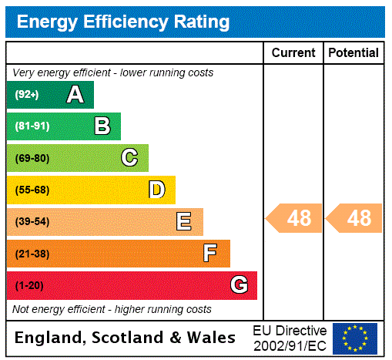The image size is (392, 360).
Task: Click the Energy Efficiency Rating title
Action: pos(123,22)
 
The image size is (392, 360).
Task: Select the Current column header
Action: pos(293,52)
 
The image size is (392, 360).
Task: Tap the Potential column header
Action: pos(353,52)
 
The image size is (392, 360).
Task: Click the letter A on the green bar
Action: pos(75,95)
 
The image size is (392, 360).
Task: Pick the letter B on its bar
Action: pos(102,126)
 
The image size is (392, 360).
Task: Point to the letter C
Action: pos(129,158)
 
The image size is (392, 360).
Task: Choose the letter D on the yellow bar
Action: pos(156,190)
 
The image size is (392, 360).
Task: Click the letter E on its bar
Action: pos(184,222)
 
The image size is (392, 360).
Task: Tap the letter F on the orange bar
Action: pos(209,254)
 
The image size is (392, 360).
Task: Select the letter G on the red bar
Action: pos(239,285)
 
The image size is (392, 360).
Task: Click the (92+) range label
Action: pos(27,95)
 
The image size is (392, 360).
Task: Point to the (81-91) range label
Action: pos(32,126)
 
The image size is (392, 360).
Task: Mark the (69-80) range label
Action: pos(32,158)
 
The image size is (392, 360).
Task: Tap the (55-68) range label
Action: pos(32,190)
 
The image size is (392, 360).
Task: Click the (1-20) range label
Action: pos(29,285)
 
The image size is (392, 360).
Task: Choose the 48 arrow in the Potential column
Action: pos(354,218)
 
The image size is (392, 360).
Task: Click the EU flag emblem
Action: pos(355,338)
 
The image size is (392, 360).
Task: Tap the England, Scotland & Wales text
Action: pos(126,338)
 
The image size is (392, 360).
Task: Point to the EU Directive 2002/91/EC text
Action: pos(290,338)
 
